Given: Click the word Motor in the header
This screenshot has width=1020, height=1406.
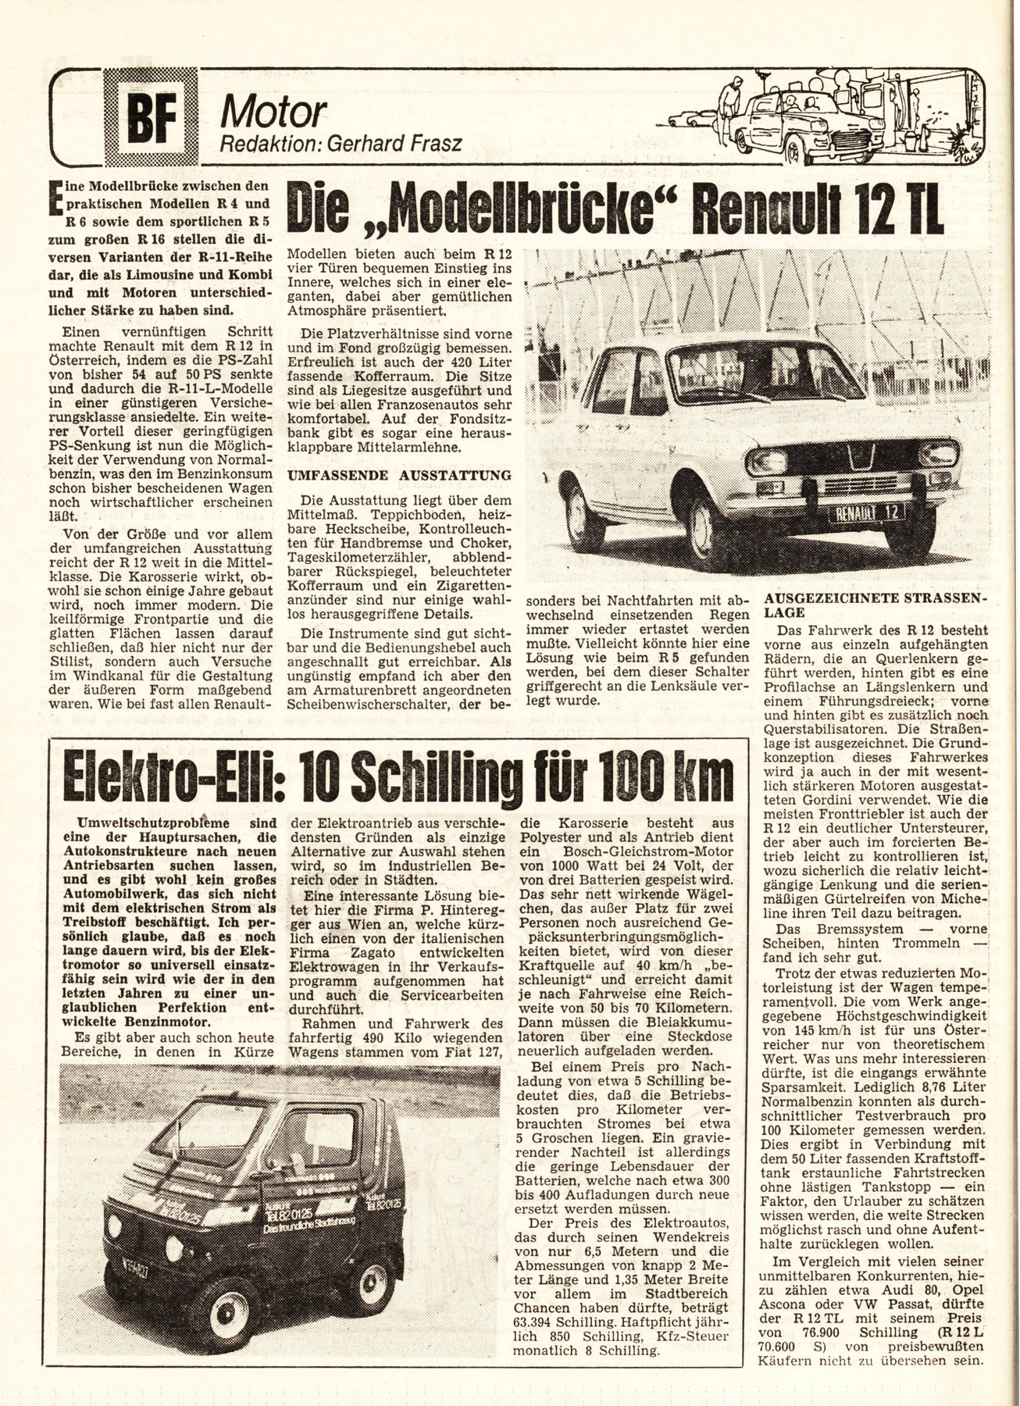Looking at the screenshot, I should (x=272, y=114).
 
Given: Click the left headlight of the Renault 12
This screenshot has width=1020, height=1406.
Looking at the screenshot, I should (x=766, y=462).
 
